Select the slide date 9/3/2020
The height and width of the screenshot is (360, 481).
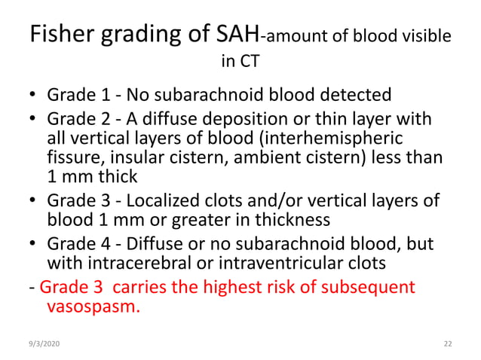tap(44, 343)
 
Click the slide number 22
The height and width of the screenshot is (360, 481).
tap(447, 343)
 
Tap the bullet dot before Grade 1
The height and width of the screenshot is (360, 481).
tap(33, 96)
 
